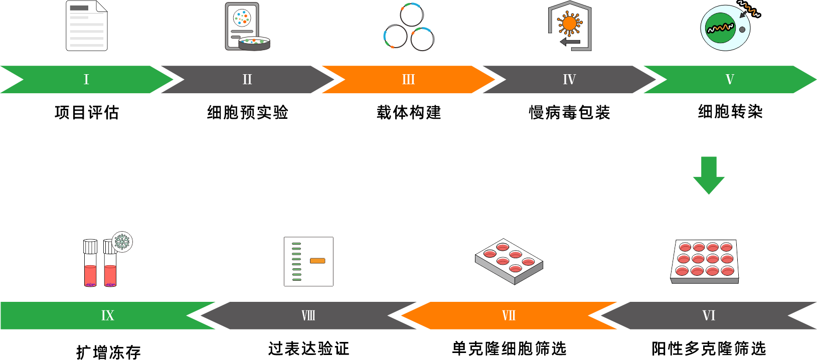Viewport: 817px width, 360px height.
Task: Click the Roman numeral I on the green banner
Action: point(86,79)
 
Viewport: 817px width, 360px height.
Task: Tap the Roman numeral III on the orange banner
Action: point(408,79)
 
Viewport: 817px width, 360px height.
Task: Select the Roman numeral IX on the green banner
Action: point(107,315)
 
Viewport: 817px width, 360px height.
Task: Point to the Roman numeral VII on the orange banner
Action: point(509,315)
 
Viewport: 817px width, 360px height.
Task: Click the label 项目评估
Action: point(87,112)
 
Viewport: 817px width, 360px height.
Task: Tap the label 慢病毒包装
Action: point(569,112)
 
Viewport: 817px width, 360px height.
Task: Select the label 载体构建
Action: point(409,112)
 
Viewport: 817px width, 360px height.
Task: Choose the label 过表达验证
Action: point(308,348)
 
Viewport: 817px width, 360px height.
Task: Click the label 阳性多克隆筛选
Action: point(709,348)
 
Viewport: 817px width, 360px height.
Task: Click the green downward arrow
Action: point(709,175)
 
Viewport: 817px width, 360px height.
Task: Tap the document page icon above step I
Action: point(87,26)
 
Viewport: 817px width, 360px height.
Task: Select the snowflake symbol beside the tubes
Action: point(122,242)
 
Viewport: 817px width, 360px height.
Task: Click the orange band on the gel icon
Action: point(317,261)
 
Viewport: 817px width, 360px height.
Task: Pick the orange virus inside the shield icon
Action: point(569,23)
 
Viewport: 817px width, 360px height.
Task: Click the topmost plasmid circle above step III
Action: point(412,15)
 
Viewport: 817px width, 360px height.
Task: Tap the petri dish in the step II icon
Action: point(254,43)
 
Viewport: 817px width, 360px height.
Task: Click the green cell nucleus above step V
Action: point(721,28)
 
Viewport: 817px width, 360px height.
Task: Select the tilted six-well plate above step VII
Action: point(509,261)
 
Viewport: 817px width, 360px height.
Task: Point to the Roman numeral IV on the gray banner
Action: point(569,79)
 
